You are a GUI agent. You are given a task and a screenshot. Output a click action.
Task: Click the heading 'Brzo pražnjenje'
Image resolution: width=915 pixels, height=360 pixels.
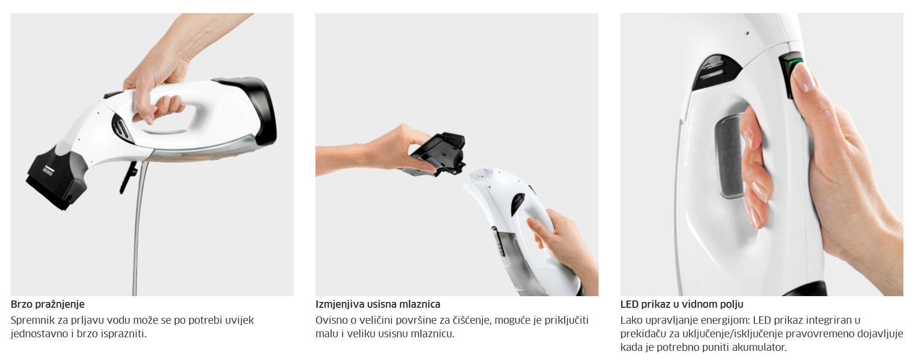tap(47, 304)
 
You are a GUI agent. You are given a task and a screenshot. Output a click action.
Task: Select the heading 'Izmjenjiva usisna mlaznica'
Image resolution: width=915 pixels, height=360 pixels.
tap(378, 304)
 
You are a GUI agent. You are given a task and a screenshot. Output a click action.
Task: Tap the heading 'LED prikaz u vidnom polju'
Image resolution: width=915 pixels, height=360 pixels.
tap(682, 304)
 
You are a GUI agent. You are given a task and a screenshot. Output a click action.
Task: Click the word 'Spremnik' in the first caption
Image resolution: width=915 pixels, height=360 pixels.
tap(31, 320)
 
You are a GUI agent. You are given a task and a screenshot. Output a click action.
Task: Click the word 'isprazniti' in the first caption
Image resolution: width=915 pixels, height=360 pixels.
tap(123, 334)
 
